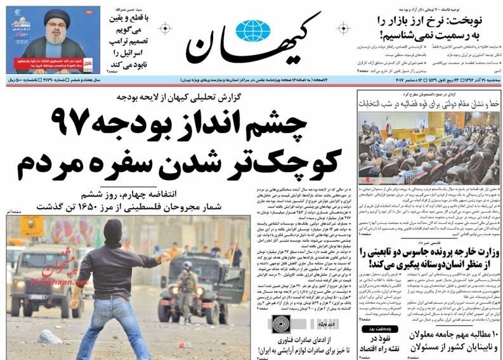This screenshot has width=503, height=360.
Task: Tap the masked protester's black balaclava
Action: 113,231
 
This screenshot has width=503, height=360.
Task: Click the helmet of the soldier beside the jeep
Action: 186,265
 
